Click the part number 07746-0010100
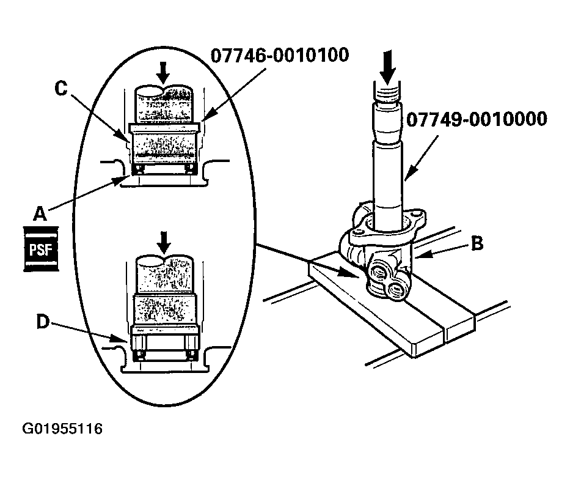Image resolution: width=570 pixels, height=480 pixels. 280,55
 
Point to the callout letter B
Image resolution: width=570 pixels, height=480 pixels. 477,243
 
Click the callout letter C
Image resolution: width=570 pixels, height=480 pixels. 60,88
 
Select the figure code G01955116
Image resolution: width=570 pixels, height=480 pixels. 62,429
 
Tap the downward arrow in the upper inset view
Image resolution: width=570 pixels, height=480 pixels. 163,72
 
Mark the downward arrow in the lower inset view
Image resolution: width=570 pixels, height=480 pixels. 163,243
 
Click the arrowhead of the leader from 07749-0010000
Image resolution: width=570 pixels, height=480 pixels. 406,178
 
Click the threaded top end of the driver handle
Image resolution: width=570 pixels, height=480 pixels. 386,94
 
